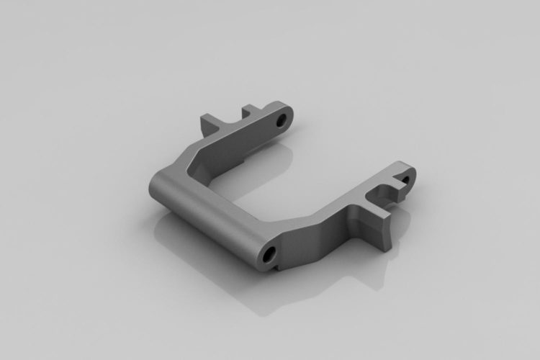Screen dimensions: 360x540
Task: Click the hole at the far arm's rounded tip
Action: [282, 117]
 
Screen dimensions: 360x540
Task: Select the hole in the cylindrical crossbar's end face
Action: [269, 253]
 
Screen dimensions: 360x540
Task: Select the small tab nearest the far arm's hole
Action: [251, 110]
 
